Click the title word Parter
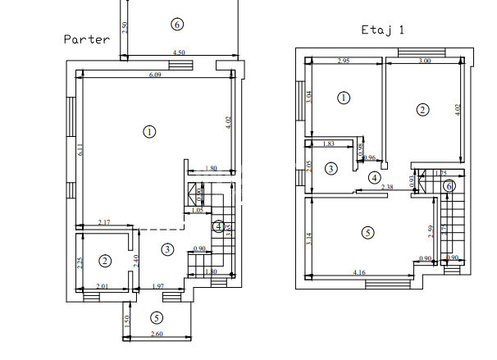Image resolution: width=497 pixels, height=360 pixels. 87,39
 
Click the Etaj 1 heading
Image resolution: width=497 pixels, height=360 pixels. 383,29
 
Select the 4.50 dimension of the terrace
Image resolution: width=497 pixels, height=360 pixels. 178,53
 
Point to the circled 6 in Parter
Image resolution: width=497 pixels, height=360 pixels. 177,25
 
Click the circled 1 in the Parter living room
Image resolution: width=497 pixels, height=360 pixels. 149,131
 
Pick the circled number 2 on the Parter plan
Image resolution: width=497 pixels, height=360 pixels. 105,261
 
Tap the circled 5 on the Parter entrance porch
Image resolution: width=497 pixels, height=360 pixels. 157,318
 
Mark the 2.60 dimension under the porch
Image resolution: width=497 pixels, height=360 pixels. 157,335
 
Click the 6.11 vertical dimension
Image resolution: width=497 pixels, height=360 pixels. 80,150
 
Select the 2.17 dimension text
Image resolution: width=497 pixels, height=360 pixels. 103,223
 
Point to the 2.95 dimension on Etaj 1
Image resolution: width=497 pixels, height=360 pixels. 344,62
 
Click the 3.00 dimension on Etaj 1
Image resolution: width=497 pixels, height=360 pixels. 424,62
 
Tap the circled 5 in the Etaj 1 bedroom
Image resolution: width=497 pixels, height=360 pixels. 367,233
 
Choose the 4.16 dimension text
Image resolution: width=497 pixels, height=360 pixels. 359,271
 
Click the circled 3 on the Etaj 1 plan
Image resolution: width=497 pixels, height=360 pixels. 331,169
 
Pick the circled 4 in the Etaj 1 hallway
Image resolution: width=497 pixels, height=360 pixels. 374,177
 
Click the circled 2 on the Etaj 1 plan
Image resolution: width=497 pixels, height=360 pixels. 422,110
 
